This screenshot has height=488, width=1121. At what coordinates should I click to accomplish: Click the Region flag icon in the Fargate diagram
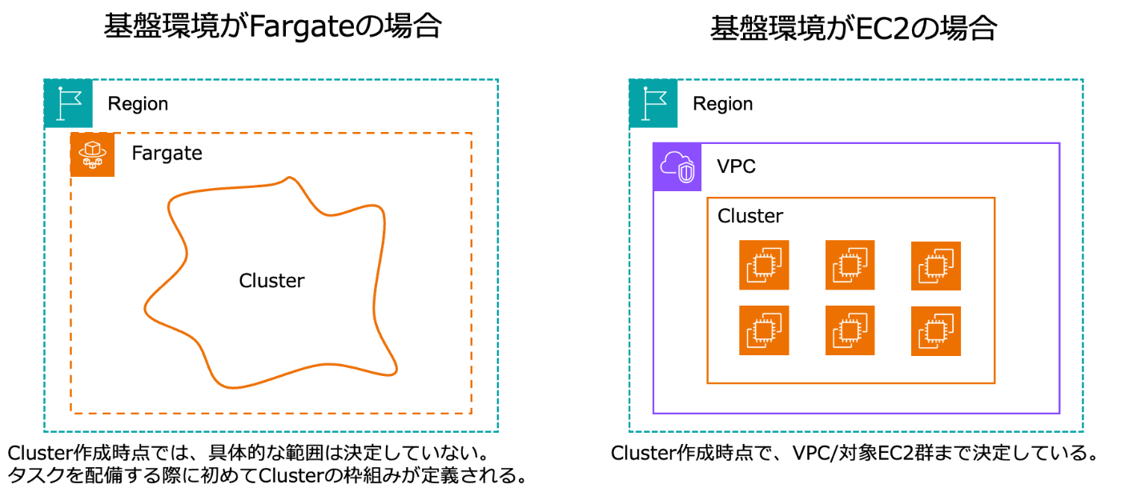(x=68, y=103)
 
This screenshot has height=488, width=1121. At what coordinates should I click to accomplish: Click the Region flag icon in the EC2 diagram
(x=653, y=103)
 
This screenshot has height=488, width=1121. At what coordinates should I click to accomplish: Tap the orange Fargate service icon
(x=93, y=155)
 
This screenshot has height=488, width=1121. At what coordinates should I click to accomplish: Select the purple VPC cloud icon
(x=677, y=167)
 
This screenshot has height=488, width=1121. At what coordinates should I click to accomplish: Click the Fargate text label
(x=167, y=154)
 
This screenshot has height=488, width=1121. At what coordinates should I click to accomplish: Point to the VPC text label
(x=736, y=166)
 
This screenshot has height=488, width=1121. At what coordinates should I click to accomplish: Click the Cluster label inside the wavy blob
(x=271, y=281)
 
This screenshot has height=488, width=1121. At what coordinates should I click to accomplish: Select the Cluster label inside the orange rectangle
(x=750, y=216)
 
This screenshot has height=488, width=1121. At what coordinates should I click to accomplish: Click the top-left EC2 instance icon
(x=764, y=265)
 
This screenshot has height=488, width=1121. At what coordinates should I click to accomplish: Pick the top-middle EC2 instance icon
(x=850, y=265)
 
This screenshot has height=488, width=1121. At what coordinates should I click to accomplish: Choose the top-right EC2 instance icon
(x=936, y=266)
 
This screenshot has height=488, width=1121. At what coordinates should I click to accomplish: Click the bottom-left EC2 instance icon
(x=764, y=330)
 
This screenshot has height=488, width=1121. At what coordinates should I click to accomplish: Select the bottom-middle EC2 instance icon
(x=850, y=330)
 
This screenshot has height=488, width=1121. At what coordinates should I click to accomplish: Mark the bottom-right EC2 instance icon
(x=936, y=331)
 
